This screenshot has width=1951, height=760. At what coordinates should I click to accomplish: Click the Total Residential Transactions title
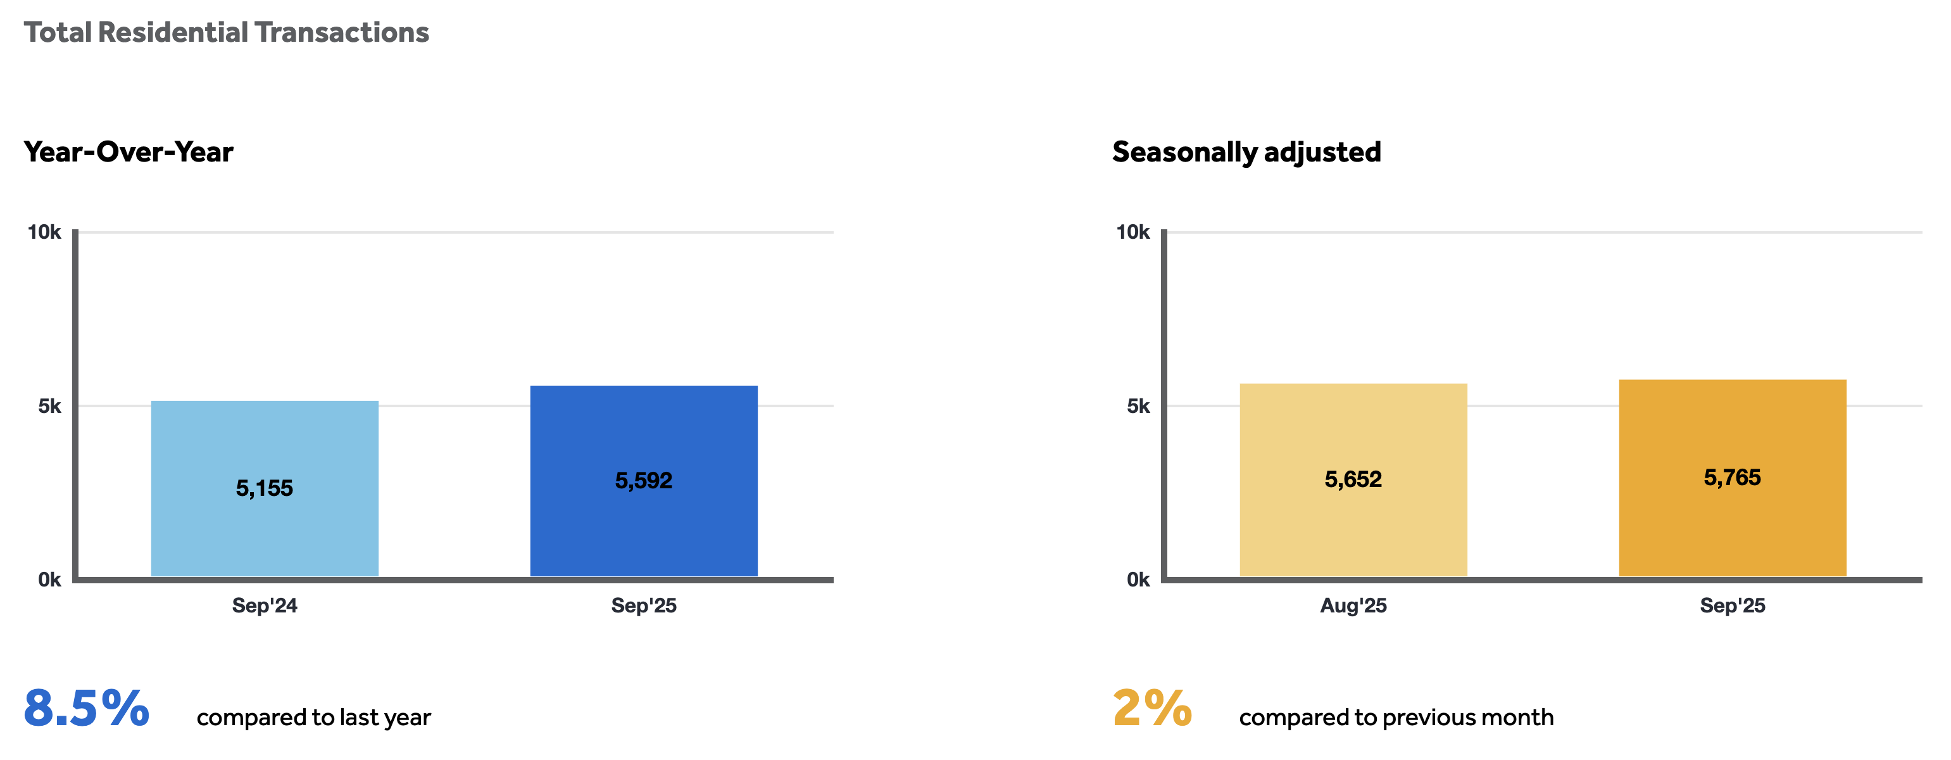[226, 32]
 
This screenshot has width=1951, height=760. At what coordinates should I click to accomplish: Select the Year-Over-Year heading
[128, 151]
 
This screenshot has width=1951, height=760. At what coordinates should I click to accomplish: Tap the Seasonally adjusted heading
[1246, 151]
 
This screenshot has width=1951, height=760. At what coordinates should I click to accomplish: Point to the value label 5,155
[265, 488]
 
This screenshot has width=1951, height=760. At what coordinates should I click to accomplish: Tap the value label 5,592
[643, 481]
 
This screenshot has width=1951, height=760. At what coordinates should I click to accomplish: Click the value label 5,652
[1353, 479]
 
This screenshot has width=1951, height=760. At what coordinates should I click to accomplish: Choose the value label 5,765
[1732, 478]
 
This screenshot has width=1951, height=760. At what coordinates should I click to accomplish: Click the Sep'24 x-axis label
[265, 605]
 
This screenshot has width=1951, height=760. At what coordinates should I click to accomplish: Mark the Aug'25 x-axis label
[1353, 605]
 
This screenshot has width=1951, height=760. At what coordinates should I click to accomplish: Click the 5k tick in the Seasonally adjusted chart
[1138, 406]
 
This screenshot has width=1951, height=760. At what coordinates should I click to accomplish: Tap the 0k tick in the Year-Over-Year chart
[49, 579]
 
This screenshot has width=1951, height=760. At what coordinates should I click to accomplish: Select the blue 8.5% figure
[86, 709]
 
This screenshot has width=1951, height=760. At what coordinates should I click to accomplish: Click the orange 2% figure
[1152, 709]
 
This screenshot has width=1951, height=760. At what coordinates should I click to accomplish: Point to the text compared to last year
[313, 717]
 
